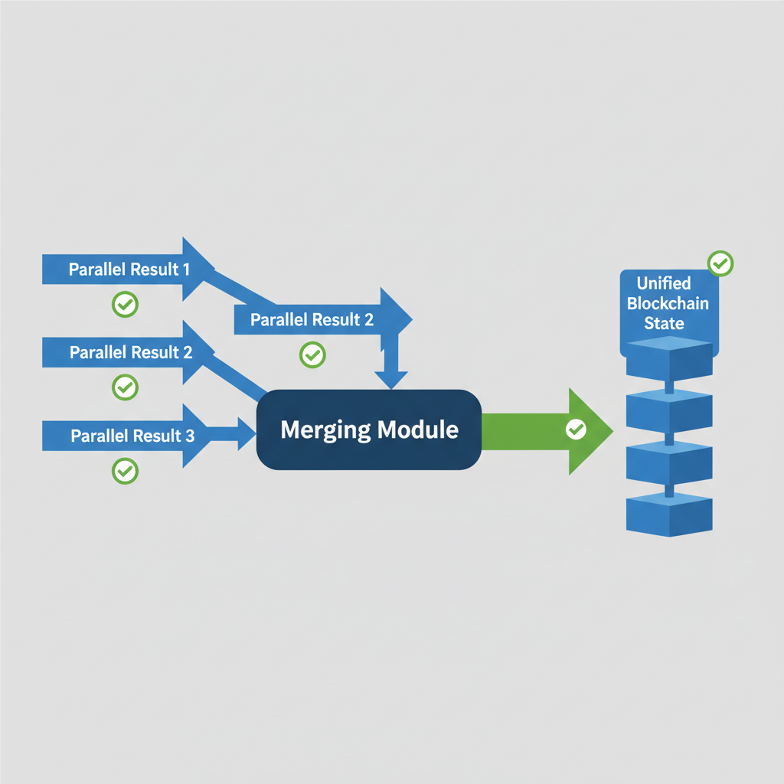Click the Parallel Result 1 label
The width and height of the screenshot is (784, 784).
pyautogui.click(x=129, y=269)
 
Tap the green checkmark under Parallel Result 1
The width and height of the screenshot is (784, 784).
pyautogui.click(x=125, y=304)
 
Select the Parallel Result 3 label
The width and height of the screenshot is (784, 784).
pyautogui.click(x=132, y=436)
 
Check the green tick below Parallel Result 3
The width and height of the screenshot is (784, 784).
pyautogui.click(x=125, y=470)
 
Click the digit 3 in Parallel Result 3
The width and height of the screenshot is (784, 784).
pyautogui.click(x=189, y=436)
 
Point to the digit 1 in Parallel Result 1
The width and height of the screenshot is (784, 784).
pyautogui.click(x=186, y=269)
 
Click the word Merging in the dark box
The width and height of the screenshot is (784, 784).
pyautogui.click(x=325, y=430)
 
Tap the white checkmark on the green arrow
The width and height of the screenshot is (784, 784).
pyautogui.click(x=575, y=430)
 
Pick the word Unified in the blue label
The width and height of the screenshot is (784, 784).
pyautogui.click(x=663, y=284)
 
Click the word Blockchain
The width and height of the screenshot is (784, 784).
pyautogui.click(x=668, y=303)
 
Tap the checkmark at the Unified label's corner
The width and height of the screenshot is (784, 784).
pyautogui.click(x=720, y=263)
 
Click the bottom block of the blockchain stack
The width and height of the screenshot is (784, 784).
pyautogui.click(x=669, y=514)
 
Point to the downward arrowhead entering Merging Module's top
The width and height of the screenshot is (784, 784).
pyautogui.click(x=391, y=379)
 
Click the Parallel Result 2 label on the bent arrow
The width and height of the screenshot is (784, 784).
pyautogui.click(x=312, y=320)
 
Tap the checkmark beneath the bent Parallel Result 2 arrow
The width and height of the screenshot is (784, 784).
pyautogui.click(x=312, y=354)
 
